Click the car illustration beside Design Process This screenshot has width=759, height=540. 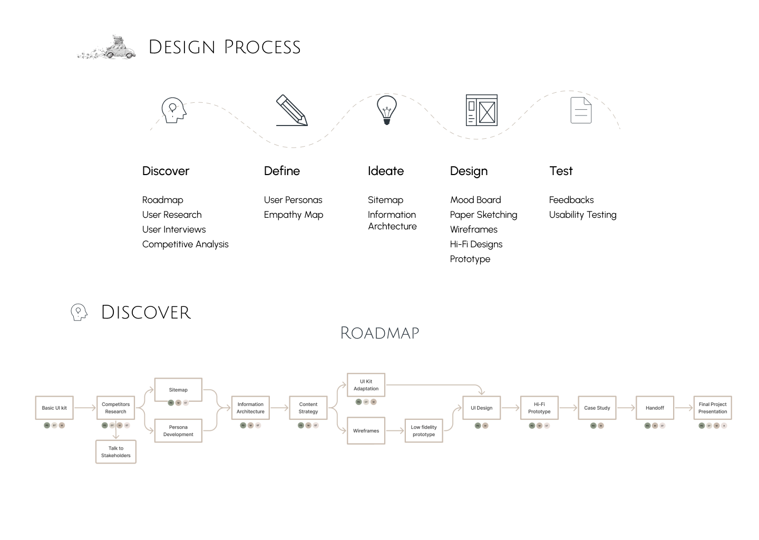tap(108, 48)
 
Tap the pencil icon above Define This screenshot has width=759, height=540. tap(291, 110)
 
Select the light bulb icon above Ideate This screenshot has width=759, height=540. tap(386, 109)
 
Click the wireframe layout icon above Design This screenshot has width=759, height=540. tap(481, 110)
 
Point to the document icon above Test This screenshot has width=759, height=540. tap(581, 110)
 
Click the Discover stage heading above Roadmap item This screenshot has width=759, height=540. tap(166, 171)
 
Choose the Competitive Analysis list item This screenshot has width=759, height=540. tap(185, 244)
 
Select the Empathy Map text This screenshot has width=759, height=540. tap(293, 215)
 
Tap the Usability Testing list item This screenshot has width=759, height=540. tap(582, 215)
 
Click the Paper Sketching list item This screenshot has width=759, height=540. tap(483, 215)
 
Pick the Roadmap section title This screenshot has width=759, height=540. tap(379, 333)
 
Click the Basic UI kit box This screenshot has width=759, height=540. tap(54, 408)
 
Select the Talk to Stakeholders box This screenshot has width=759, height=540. tap(116, 452)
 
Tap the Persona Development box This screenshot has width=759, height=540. tap(178, 431)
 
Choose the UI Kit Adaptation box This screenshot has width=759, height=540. tap(366, 385)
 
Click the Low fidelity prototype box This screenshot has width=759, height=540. tap(424, 431)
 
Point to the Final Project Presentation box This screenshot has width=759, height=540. tap(713, 408)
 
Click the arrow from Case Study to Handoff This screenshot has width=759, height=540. tap(626, 408)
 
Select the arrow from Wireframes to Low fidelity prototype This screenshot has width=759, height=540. tap(395, 431)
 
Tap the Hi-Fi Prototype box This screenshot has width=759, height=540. tap(539, 408)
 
